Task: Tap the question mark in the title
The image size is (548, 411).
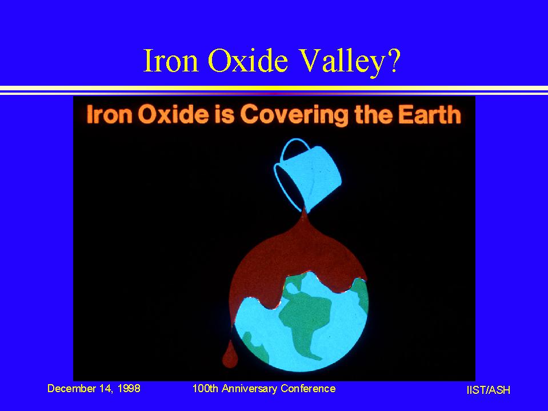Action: (x=392, y=60)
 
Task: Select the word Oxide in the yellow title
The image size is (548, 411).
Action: (x=248, y=60)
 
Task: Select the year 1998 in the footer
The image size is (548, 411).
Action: (x=129, y=388)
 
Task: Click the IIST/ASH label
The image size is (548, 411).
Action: (x=488, y=390)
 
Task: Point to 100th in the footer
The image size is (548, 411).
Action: (x=206, y=388)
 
